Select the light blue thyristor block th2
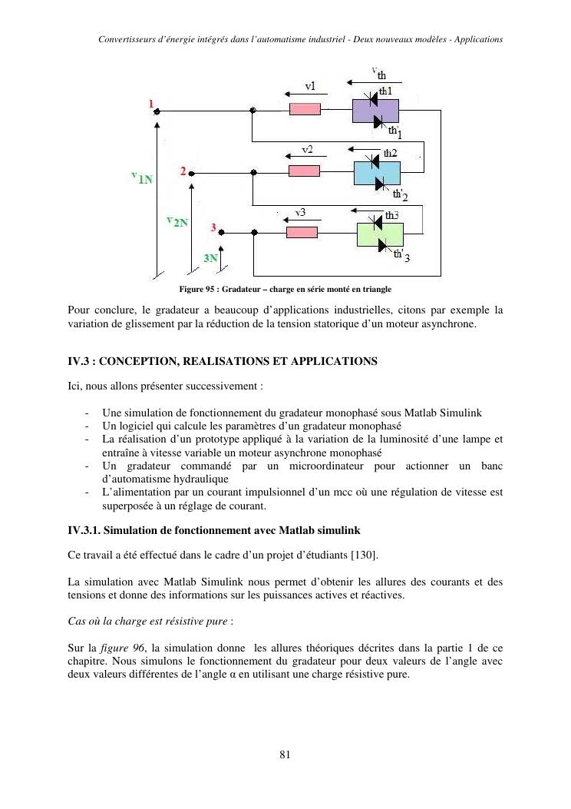(372, 172)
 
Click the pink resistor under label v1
(305, 109)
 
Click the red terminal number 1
(151, 102)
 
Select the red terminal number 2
(183, 171)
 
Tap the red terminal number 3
(214, 227)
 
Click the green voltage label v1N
(141, 178)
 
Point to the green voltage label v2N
(177, 220)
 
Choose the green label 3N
(210, 259)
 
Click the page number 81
(285, 754)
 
